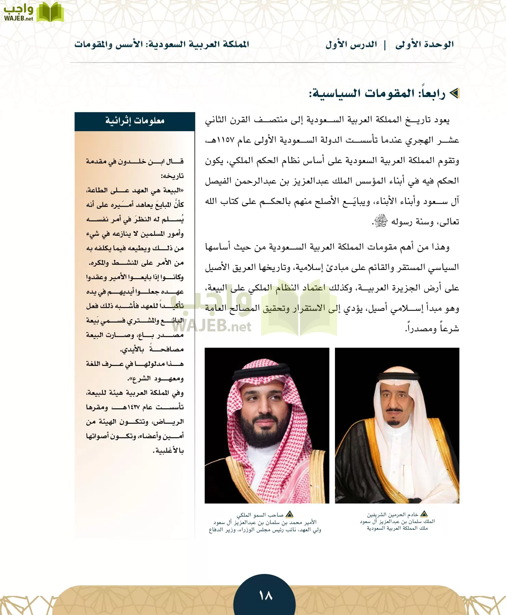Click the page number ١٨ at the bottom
266,596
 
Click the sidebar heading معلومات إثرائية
135,121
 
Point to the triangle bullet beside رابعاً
454,93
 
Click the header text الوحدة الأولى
424,44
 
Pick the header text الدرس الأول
351,44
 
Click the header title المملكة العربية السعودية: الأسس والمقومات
162,44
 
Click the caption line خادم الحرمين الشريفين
393,515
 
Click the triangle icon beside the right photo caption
424,514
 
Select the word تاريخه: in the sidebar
172,176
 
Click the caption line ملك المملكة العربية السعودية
397,528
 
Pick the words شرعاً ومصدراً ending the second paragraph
432,329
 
